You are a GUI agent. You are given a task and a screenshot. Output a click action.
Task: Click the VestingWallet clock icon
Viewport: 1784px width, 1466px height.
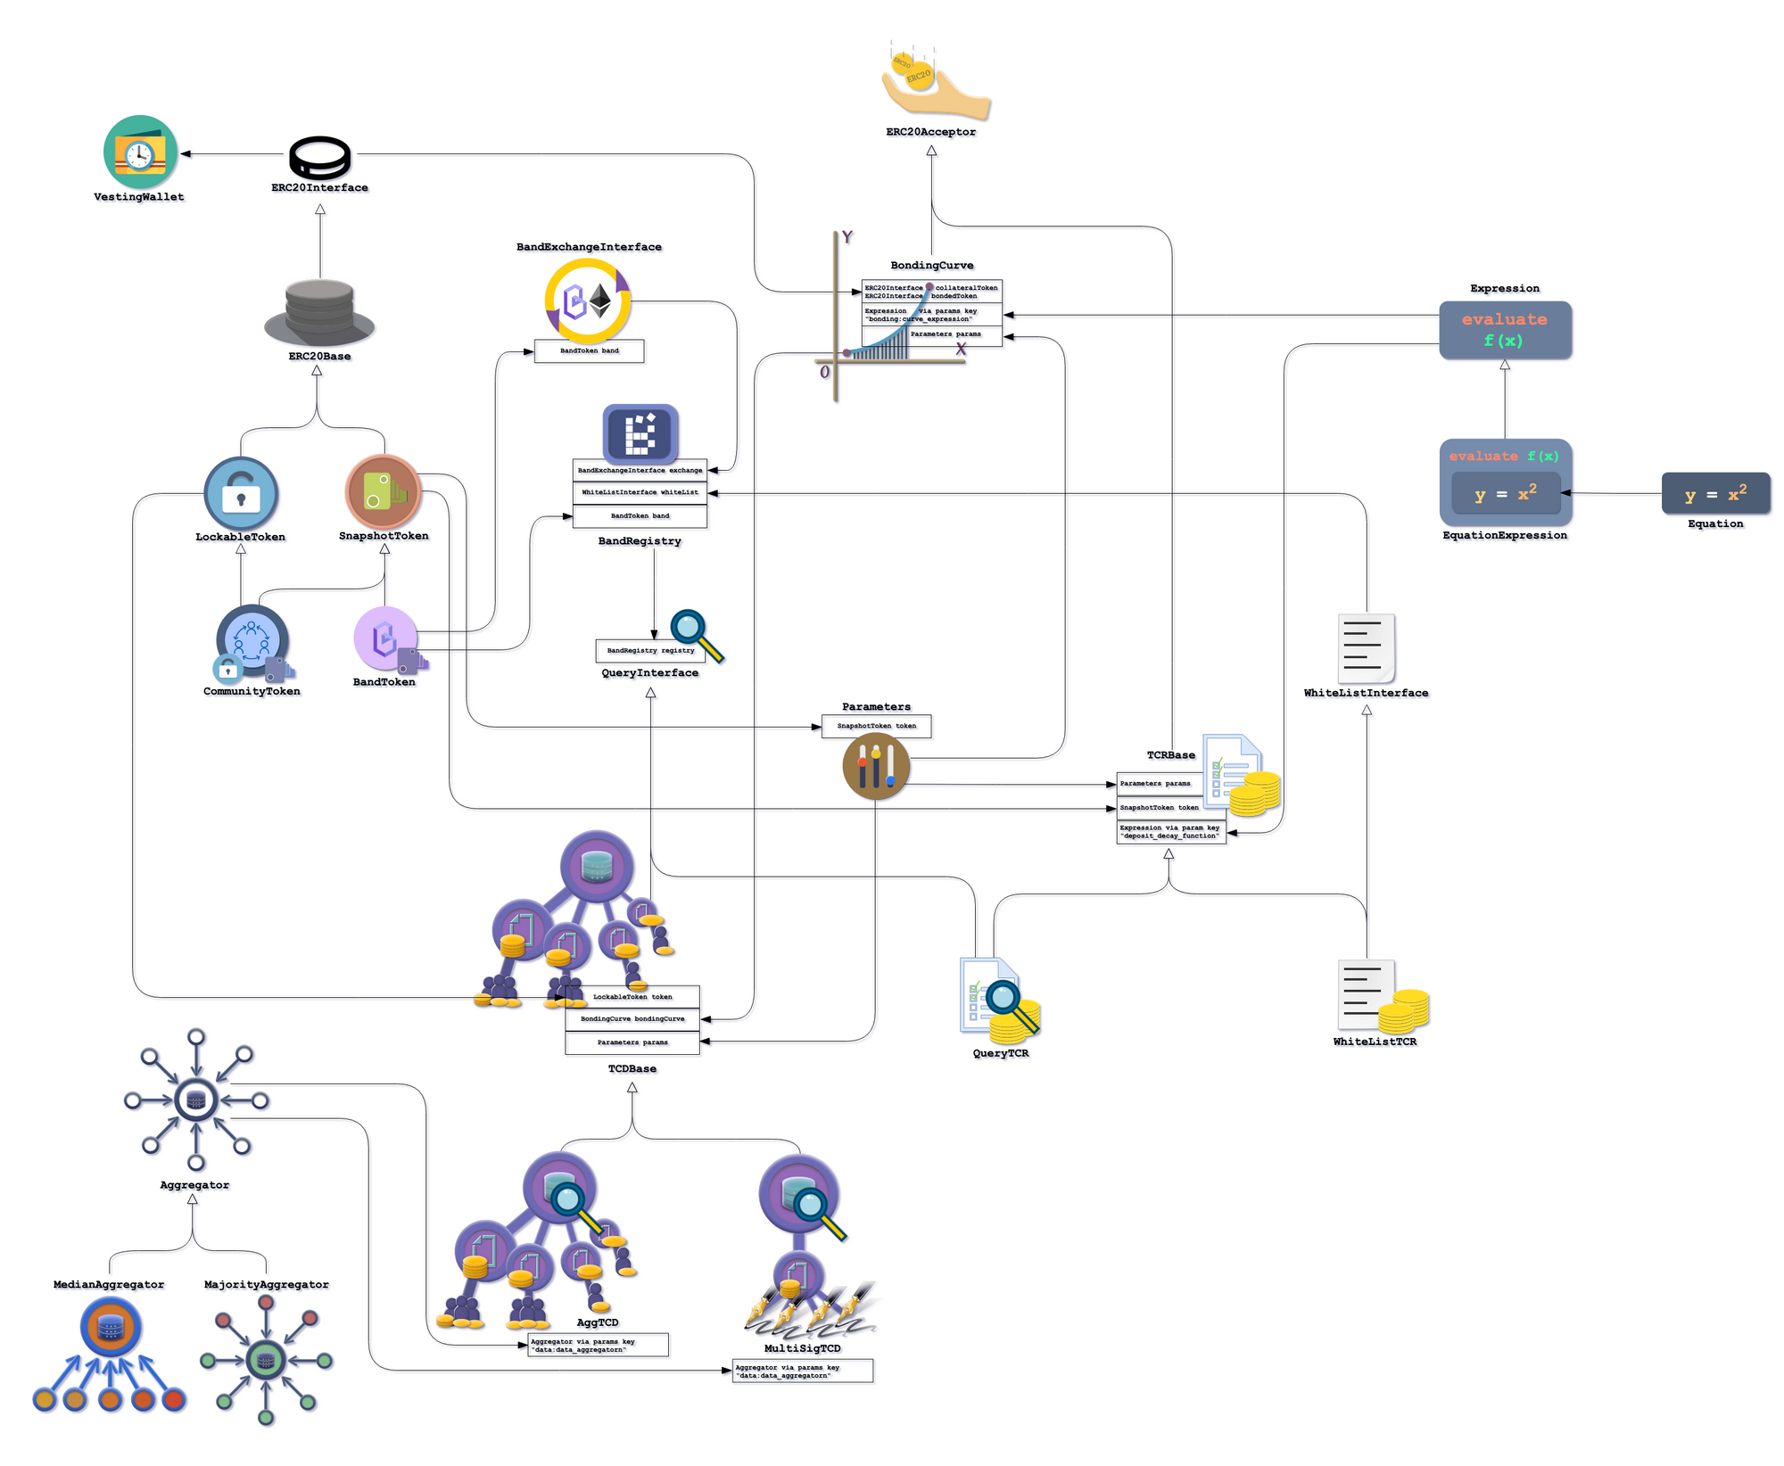(140, 152)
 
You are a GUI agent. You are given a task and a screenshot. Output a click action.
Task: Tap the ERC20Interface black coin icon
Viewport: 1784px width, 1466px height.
(319, 158)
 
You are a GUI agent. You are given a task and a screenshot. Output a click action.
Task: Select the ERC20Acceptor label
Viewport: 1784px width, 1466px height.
(930, 132)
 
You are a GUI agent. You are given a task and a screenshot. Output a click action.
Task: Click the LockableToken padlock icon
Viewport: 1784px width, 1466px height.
(241, 493)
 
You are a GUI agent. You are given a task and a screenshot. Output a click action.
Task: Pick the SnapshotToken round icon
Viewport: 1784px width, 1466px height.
(383, 491)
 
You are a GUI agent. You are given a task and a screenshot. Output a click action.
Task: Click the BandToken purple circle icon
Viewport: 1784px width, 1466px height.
(384, 638)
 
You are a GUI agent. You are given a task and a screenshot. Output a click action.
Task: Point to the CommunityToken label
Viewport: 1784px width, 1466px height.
(252, 691)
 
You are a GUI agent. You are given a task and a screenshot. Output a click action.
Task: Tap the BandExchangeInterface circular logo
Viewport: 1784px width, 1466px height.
(588, 301)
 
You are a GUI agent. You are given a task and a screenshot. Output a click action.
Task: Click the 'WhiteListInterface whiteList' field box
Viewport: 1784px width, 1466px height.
(640, 492)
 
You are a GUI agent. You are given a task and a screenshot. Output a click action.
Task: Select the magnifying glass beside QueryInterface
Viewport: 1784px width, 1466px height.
(696, 634)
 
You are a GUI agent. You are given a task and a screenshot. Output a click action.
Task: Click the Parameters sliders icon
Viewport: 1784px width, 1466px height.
(876, 766)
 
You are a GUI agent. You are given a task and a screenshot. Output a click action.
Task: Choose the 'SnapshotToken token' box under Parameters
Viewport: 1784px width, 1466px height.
(876, 726)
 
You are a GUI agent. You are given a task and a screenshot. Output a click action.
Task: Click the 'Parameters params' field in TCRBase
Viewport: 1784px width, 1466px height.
(1158, 784)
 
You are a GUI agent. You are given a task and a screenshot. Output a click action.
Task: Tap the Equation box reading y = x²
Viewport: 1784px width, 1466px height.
(1714, 494)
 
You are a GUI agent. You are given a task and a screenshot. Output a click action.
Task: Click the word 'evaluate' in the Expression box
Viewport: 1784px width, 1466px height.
(1504, 319)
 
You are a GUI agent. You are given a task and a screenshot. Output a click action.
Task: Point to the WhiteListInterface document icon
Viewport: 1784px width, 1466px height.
(1366, 648)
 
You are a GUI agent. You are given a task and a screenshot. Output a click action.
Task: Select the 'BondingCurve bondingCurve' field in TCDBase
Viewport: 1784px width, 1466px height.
(632, 1018)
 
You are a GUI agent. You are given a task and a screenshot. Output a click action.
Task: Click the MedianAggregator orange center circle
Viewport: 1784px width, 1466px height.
(111, 1327)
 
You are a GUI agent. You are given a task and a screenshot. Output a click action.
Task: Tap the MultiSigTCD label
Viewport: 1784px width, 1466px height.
(802, 1348)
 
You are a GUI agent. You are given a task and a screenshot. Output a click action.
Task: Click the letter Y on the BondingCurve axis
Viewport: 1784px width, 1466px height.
(847, 237)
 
